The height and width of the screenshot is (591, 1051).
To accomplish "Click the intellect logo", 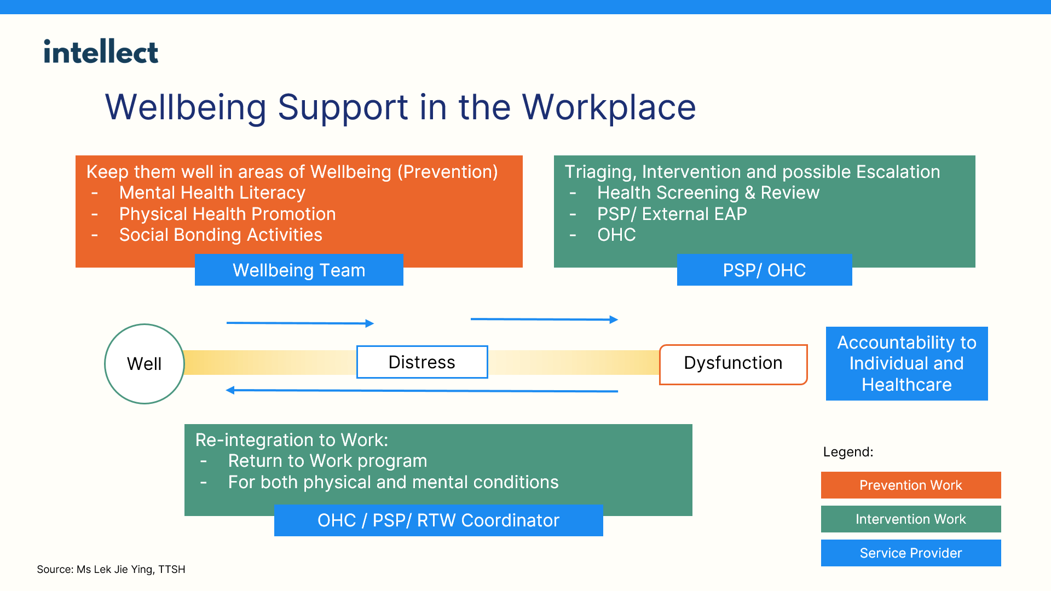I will [x=101, y=52].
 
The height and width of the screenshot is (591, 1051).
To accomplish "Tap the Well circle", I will [x=145, y=364].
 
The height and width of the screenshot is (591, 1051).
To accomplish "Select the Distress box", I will [x=422, y=362].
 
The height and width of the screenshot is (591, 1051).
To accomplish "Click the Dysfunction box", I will [x=733, y=364].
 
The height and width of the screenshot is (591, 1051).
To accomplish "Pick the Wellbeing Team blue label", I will [x=299, y=270].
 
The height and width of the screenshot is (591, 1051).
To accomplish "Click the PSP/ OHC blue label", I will [x=764, y=270].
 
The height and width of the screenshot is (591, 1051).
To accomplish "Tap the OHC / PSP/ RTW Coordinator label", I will [x=438, y=520].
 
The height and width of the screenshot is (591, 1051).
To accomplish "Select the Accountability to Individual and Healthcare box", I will [x=906, y=364].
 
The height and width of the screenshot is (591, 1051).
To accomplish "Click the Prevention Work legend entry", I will [x=911, y=485].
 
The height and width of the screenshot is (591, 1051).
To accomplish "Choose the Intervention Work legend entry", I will [x=911, y=519].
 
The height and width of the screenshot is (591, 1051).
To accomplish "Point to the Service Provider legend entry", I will [x=911, y=553].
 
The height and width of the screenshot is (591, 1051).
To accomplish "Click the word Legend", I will [x=848, y=452].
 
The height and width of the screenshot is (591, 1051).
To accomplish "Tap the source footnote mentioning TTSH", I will [x=111, y=569].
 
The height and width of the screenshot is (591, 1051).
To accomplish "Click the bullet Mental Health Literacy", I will [x=212, y=193].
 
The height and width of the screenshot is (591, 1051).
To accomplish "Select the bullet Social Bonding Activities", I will [x=221, y=235].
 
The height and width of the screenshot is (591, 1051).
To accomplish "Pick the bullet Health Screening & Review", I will [x=708, y=193].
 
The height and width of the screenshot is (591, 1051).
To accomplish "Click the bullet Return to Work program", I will [x=327, y=461].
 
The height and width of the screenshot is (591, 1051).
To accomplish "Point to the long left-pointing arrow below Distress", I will [x=421, y=391].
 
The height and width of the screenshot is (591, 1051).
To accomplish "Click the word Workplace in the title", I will [x=609, y=107].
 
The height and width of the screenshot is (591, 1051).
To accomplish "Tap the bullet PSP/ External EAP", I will [x=672, y=214].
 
